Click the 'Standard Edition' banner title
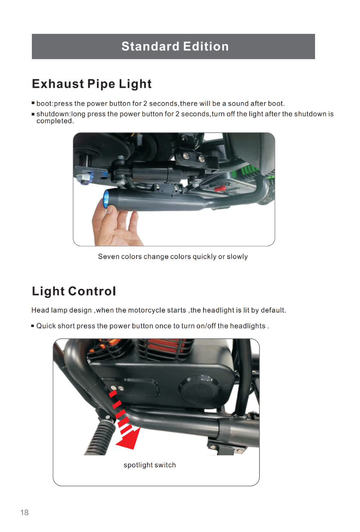175,46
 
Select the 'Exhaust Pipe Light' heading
92,84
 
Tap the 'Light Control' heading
74,291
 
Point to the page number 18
25,512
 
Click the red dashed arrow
124,419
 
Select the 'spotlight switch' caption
150,465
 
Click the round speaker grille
200,389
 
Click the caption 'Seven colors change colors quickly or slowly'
173,257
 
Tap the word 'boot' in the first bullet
44,103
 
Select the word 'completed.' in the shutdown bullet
55,121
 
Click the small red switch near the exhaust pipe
220,188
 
